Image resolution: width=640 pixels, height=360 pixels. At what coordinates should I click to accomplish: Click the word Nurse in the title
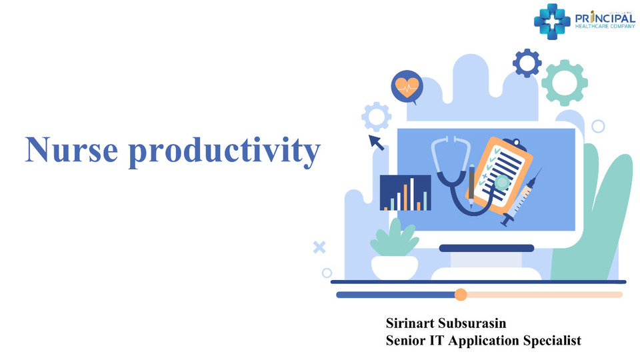click(72, 150)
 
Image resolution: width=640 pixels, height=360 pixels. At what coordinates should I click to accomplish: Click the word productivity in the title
click(225, 152)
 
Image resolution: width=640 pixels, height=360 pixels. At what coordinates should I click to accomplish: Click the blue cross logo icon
click(552, 21)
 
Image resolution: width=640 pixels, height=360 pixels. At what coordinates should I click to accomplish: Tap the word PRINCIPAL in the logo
click(605, 19)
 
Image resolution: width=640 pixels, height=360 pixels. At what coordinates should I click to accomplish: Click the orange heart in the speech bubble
click(407, 87)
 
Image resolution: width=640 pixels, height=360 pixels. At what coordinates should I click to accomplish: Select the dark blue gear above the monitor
click(527, 63)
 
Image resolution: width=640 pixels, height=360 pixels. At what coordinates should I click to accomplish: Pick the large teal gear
click(565, 83)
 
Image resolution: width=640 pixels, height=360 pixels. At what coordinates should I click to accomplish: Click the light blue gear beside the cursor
click(376, 117)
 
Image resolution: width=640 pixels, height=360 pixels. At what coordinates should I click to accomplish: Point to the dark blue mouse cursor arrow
click(376, 143)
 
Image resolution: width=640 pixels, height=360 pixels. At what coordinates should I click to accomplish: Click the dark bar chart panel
click(405, 193)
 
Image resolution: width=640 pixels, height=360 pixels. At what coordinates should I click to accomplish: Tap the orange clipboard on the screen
click(499, 175)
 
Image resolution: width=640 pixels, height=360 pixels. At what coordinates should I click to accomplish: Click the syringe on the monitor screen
click(521, 197)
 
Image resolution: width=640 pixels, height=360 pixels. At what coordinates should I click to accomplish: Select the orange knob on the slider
click(461, 294)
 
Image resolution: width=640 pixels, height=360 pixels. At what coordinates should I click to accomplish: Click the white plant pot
click(395, 268)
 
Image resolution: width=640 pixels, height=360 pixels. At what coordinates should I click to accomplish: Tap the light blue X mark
click(319, 247)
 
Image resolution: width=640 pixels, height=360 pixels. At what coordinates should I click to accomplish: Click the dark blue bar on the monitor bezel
click(487, 248)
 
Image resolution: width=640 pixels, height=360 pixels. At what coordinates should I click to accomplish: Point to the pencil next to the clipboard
click(471, 187)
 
